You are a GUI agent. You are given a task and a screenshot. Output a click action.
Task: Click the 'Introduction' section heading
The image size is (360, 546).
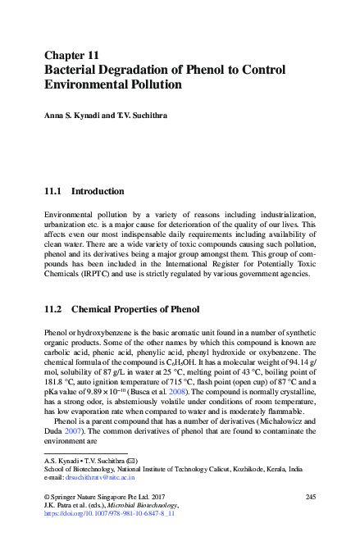(98, 191)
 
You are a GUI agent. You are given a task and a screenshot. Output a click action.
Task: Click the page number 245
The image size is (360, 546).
(310, 498)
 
